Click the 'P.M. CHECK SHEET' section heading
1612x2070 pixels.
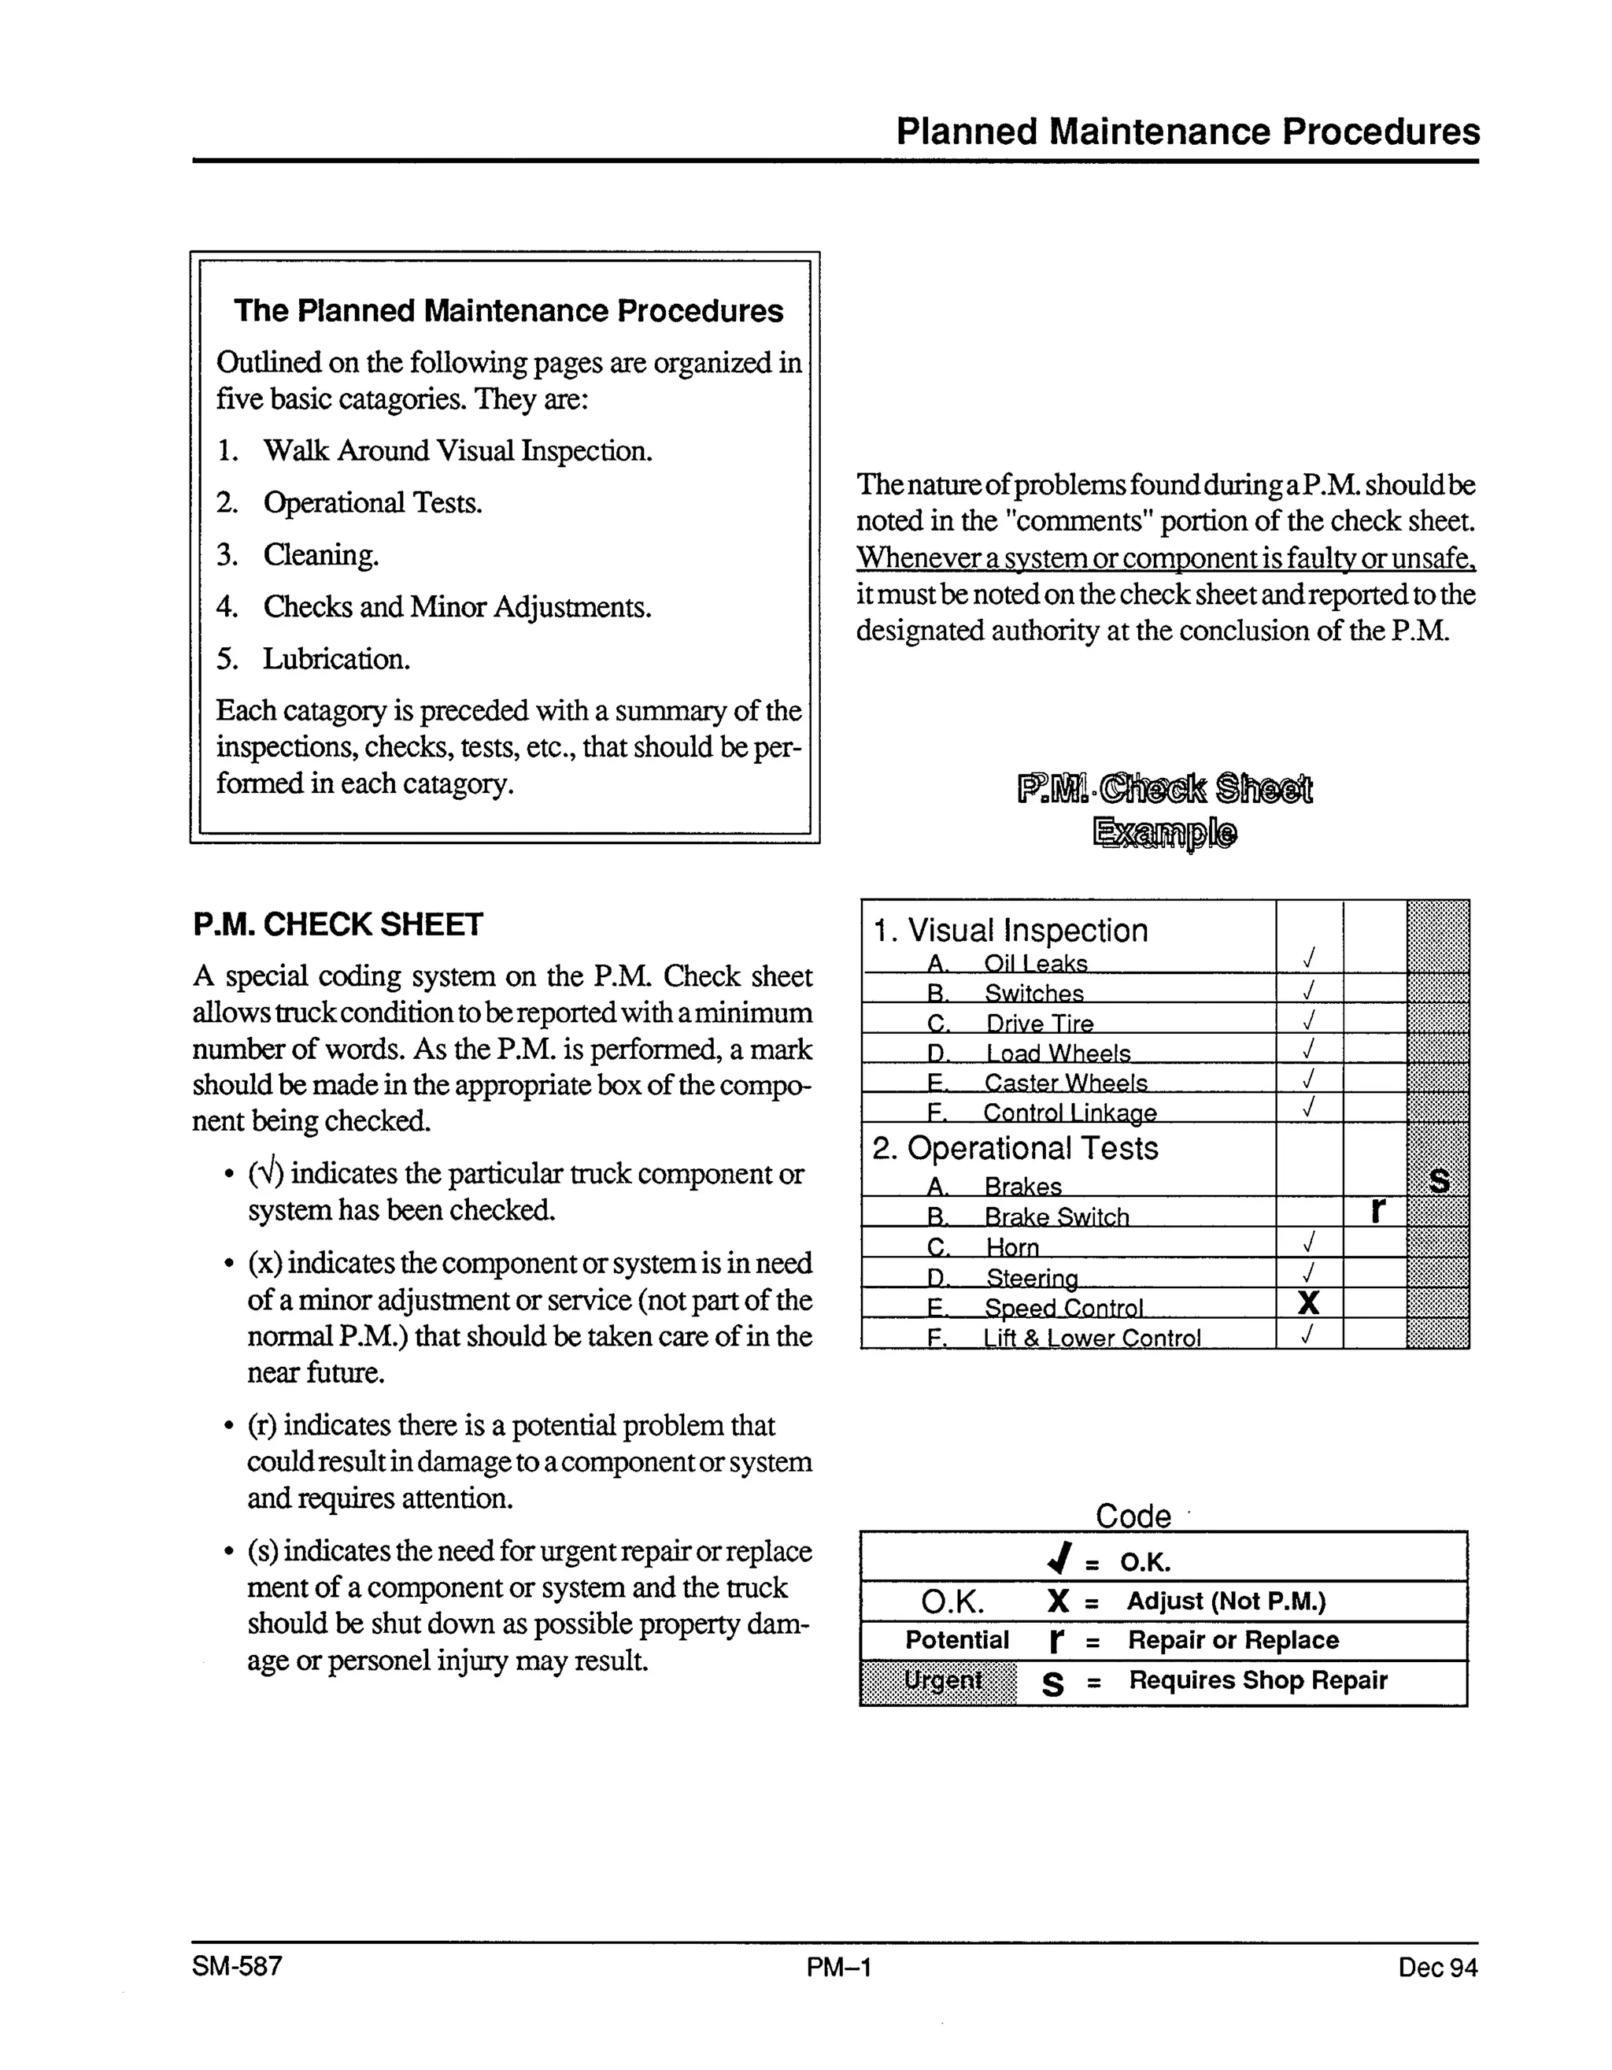[x=338, y=924]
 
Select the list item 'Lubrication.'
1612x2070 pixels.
[x=335, y=659]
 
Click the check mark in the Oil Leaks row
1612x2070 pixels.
[x=1308, y=959]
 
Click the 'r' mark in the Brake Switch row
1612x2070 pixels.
[x=1378, y=1210]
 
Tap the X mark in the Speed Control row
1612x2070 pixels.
[x=1308, y=1303]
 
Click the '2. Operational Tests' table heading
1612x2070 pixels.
[x=1014, y=1148]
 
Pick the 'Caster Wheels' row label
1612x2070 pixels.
[x=1064, y=1083]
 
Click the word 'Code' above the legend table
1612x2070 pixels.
[x=1133, y=1516]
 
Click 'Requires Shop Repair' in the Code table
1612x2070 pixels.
[x=1257, y=1680]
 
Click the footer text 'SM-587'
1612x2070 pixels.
[x=237, y=1966]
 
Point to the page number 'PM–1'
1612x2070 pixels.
[x=839, y=1968]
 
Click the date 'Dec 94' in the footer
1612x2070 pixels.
[x=1436, y=1968]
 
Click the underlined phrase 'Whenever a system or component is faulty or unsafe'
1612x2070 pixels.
[x=1165, y=558]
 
